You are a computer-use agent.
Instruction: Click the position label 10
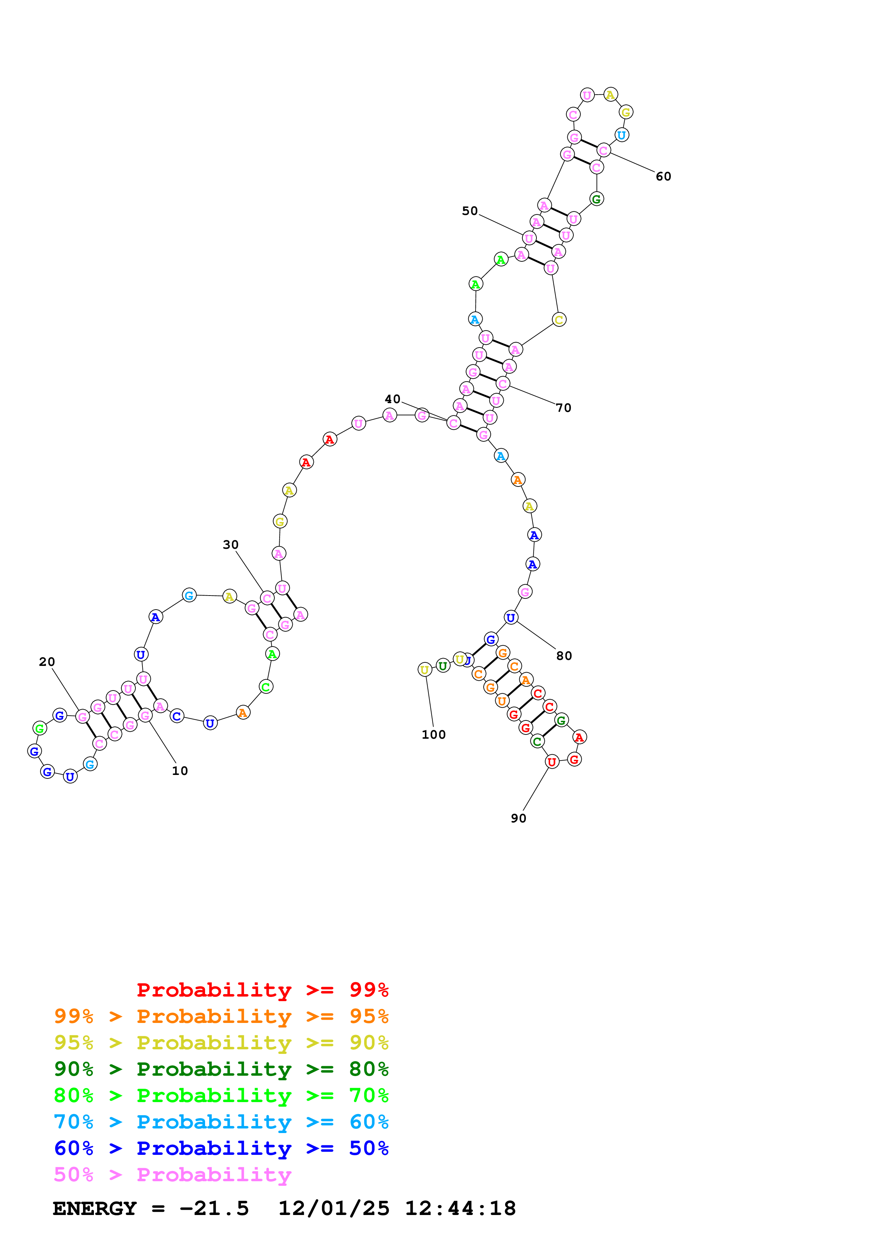point(179,771)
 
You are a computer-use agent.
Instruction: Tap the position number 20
point(47,662)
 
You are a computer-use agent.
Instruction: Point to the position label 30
point(230,545)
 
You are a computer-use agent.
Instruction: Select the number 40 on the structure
point(392,399)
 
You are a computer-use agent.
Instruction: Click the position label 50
point(470,211)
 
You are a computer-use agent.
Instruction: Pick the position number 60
point(663,176)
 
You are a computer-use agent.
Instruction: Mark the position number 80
point(564,656)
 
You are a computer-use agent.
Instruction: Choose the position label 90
point(518,818)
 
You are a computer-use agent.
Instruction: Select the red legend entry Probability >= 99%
point(262,990)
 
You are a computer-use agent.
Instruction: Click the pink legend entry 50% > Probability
point(172,1174)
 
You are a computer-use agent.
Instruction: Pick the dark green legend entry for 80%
point(221,1069)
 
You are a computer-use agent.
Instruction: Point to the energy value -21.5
point(214,1208)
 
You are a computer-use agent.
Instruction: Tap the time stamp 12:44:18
point(460,1208)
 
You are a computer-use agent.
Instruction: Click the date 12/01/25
point(334,1208)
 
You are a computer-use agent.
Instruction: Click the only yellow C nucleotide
point(559,320)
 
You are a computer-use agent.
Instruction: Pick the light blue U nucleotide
point(621,135)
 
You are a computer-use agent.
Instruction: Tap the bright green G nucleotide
point(39,728)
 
